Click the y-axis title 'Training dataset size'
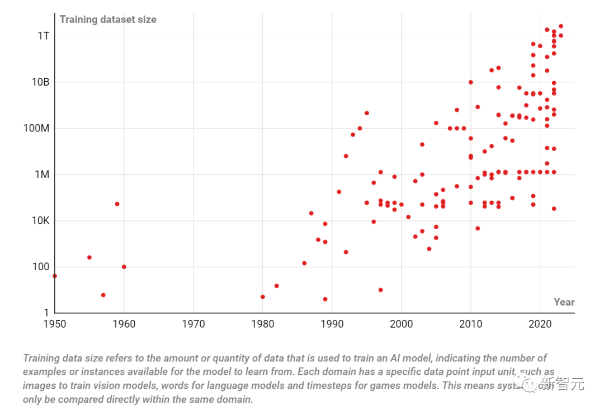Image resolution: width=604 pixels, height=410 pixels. click(x=108, y=20)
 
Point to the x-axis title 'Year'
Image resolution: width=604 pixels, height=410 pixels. click(x=564, y=302)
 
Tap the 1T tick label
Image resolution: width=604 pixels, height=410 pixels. click(x=44, y=36)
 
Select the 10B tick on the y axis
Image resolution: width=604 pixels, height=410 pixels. click(x=40, y=82)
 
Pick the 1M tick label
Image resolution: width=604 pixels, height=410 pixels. click(x=41, y=175)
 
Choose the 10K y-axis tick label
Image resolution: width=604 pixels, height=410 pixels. click(x=40, y=220)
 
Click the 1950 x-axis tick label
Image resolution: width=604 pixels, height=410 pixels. click(x=54, y=324)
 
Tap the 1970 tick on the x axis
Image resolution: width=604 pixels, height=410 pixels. click(x=193, y=324)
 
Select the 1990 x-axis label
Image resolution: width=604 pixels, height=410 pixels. click(x=332, y=324)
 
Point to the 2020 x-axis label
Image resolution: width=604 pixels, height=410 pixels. click(x=540, y=324)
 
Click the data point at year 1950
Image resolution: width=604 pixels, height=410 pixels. click(x=54, y=276)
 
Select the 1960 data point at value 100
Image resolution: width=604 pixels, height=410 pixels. click(x=124, y=267)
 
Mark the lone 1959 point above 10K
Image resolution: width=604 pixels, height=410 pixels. click(x=117, y=204)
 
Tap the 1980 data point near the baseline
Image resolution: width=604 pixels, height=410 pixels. click(x=262, y=296)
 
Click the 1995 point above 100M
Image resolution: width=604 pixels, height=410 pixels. click(x=366, y=113)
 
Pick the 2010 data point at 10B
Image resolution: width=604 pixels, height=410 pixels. click(x=470, y=82)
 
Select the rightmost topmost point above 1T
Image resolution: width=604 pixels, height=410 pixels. click(x=560, y=26)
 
